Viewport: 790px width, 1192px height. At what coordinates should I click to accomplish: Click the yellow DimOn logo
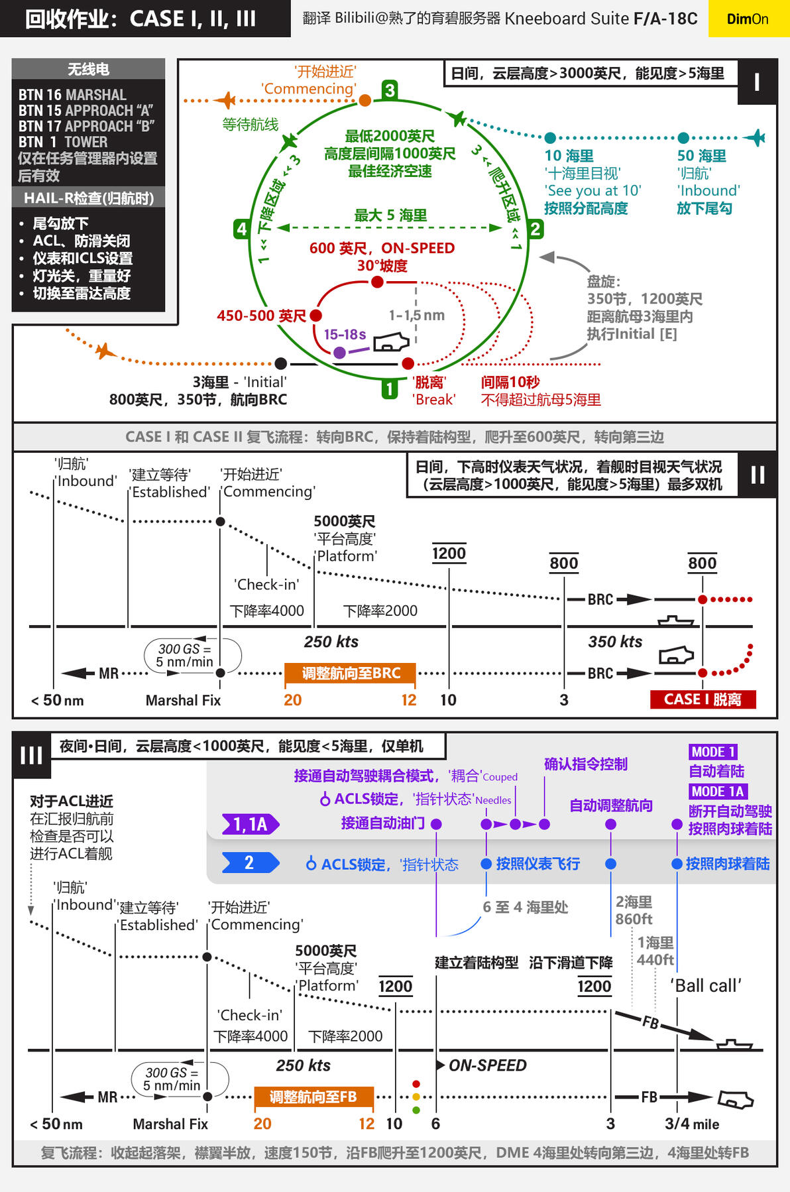748,19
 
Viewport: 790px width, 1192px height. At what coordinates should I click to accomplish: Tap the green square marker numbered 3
390,89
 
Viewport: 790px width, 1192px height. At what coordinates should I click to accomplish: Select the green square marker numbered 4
241,229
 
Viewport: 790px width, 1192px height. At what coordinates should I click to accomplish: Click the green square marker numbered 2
535,229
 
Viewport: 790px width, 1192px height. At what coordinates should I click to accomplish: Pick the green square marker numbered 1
390,388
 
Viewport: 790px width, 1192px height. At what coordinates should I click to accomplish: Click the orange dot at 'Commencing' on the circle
365,100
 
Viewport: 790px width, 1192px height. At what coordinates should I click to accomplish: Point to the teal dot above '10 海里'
550,138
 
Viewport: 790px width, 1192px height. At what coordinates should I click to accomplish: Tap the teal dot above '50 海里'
683,138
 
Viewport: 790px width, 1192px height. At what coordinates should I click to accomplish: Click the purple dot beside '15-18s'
339,353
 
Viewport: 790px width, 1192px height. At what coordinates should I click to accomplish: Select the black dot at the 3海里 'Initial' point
281,363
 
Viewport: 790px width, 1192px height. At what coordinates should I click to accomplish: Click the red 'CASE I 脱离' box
703,699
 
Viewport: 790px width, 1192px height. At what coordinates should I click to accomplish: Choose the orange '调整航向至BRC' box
351,674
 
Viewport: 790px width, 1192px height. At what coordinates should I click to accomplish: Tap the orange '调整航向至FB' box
313,1097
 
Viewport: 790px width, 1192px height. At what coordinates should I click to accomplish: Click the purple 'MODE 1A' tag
718,792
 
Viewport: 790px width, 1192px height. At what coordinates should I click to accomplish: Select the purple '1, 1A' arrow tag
251,824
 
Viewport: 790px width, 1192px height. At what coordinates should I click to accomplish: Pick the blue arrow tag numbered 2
250,863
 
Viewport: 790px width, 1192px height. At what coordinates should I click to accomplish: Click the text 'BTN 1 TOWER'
63,142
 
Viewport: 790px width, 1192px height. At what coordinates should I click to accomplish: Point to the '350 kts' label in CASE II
615,642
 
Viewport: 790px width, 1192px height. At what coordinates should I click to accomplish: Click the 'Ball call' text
706,986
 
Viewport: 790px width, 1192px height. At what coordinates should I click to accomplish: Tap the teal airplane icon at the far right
755,138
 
